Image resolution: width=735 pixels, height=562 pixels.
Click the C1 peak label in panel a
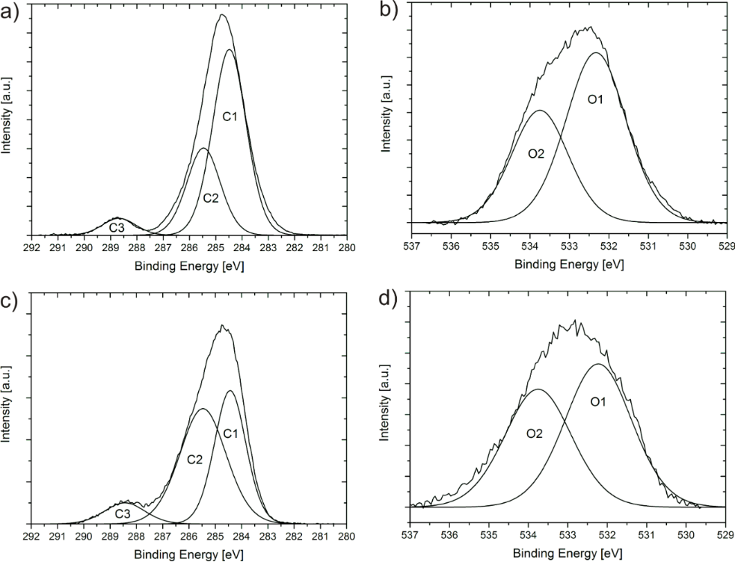click(x=230, y=117)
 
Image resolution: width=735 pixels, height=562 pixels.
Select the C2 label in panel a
click(x=211, y=198)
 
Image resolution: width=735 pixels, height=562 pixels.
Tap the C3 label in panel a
click(x=117, y=227)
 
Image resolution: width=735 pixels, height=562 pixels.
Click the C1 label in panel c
click(x=230, y=433)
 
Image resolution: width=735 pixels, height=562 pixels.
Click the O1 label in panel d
click(x=597, y=403)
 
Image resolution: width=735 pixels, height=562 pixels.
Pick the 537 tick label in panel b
click(x=410, y=246)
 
